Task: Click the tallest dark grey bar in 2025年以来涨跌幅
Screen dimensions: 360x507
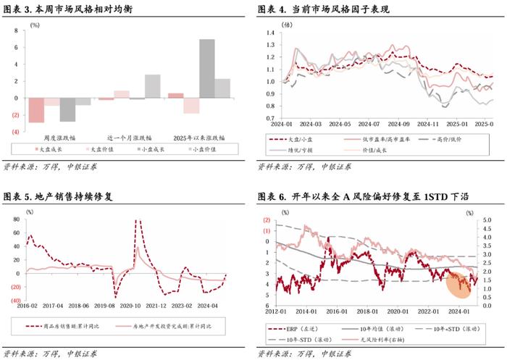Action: tap(207, 68)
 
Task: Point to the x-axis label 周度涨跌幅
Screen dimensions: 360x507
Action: tap(60, 137)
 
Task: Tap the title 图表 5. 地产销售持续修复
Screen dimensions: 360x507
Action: tap(62, 196)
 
